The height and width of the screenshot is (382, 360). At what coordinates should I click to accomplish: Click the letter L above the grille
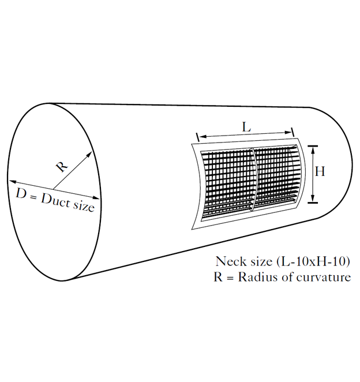tap(246, 127)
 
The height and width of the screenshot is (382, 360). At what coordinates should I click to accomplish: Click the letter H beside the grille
tap(320, 171)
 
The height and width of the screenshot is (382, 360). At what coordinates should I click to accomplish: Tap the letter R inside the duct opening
tap(62, 166)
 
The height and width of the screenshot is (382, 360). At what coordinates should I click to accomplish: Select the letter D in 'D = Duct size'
tap(21, 194)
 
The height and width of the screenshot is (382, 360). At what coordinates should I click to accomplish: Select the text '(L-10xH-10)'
tap(313, 261)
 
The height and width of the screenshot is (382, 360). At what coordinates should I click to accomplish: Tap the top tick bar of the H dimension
tap(313, 146)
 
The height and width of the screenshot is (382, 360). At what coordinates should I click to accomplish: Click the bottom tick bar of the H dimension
tap(313, 203)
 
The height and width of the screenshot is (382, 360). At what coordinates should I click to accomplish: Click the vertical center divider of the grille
tap(254, 178)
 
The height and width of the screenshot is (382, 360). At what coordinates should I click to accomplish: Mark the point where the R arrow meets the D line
tap(53, 189)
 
